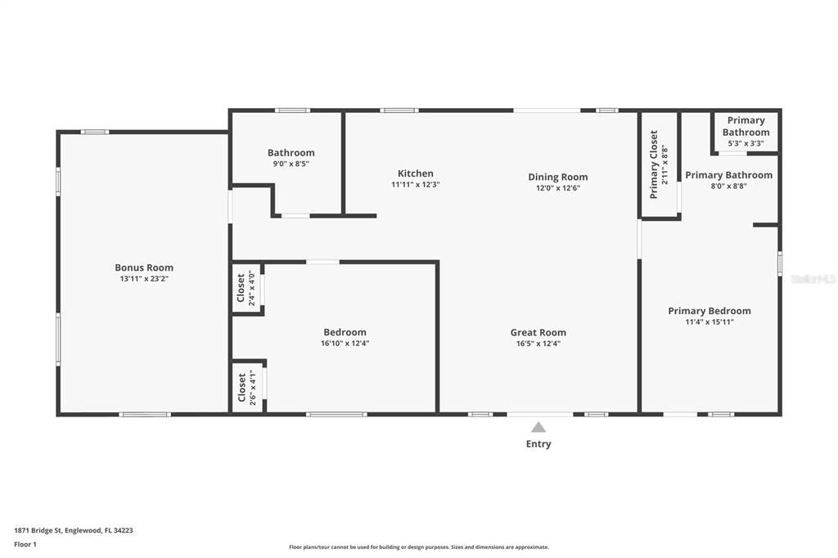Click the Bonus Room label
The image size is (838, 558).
144,268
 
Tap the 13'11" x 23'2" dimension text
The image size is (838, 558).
144,279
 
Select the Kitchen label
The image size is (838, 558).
416,173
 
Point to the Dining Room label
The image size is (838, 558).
557,177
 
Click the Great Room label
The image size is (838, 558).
538,332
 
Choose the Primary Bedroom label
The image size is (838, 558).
709,311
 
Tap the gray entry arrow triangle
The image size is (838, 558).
538,427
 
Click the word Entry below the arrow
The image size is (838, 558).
538,444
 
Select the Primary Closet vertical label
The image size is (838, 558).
654,164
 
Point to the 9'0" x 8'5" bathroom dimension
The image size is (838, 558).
291,164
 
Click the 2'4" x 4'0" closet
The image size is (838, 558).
246,288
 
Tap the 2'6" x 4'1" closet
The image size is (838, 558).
247,387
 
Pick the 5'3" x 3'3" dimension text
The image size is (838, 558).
746,143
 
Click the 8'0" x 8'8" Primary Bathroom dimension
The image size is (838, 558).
728,186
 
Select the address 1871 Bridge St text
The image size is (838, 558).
74,530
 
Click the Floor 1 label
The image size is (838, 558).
26,544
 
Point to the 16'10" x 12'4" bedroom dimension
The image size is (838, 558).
345,344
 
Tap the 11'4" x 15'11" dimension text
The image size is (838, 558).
709,322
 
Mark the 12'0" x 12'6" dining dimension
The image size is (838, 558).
557,188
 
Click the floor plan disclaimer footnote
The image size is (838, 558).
418,547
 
